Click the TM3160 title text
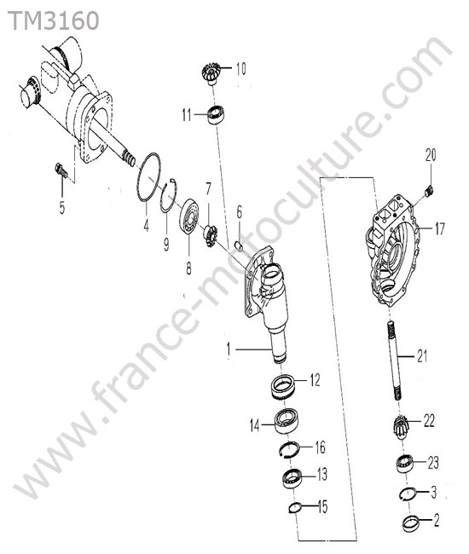pos(54,20)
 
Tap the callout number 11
pos(187,115)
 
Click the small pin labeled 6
pos(240,245)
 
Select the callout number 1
pos(229,349)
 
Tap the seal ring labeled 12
pos(283,387)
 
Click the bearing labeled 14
pos(287,421)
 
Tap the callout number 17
pos(440,229)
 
